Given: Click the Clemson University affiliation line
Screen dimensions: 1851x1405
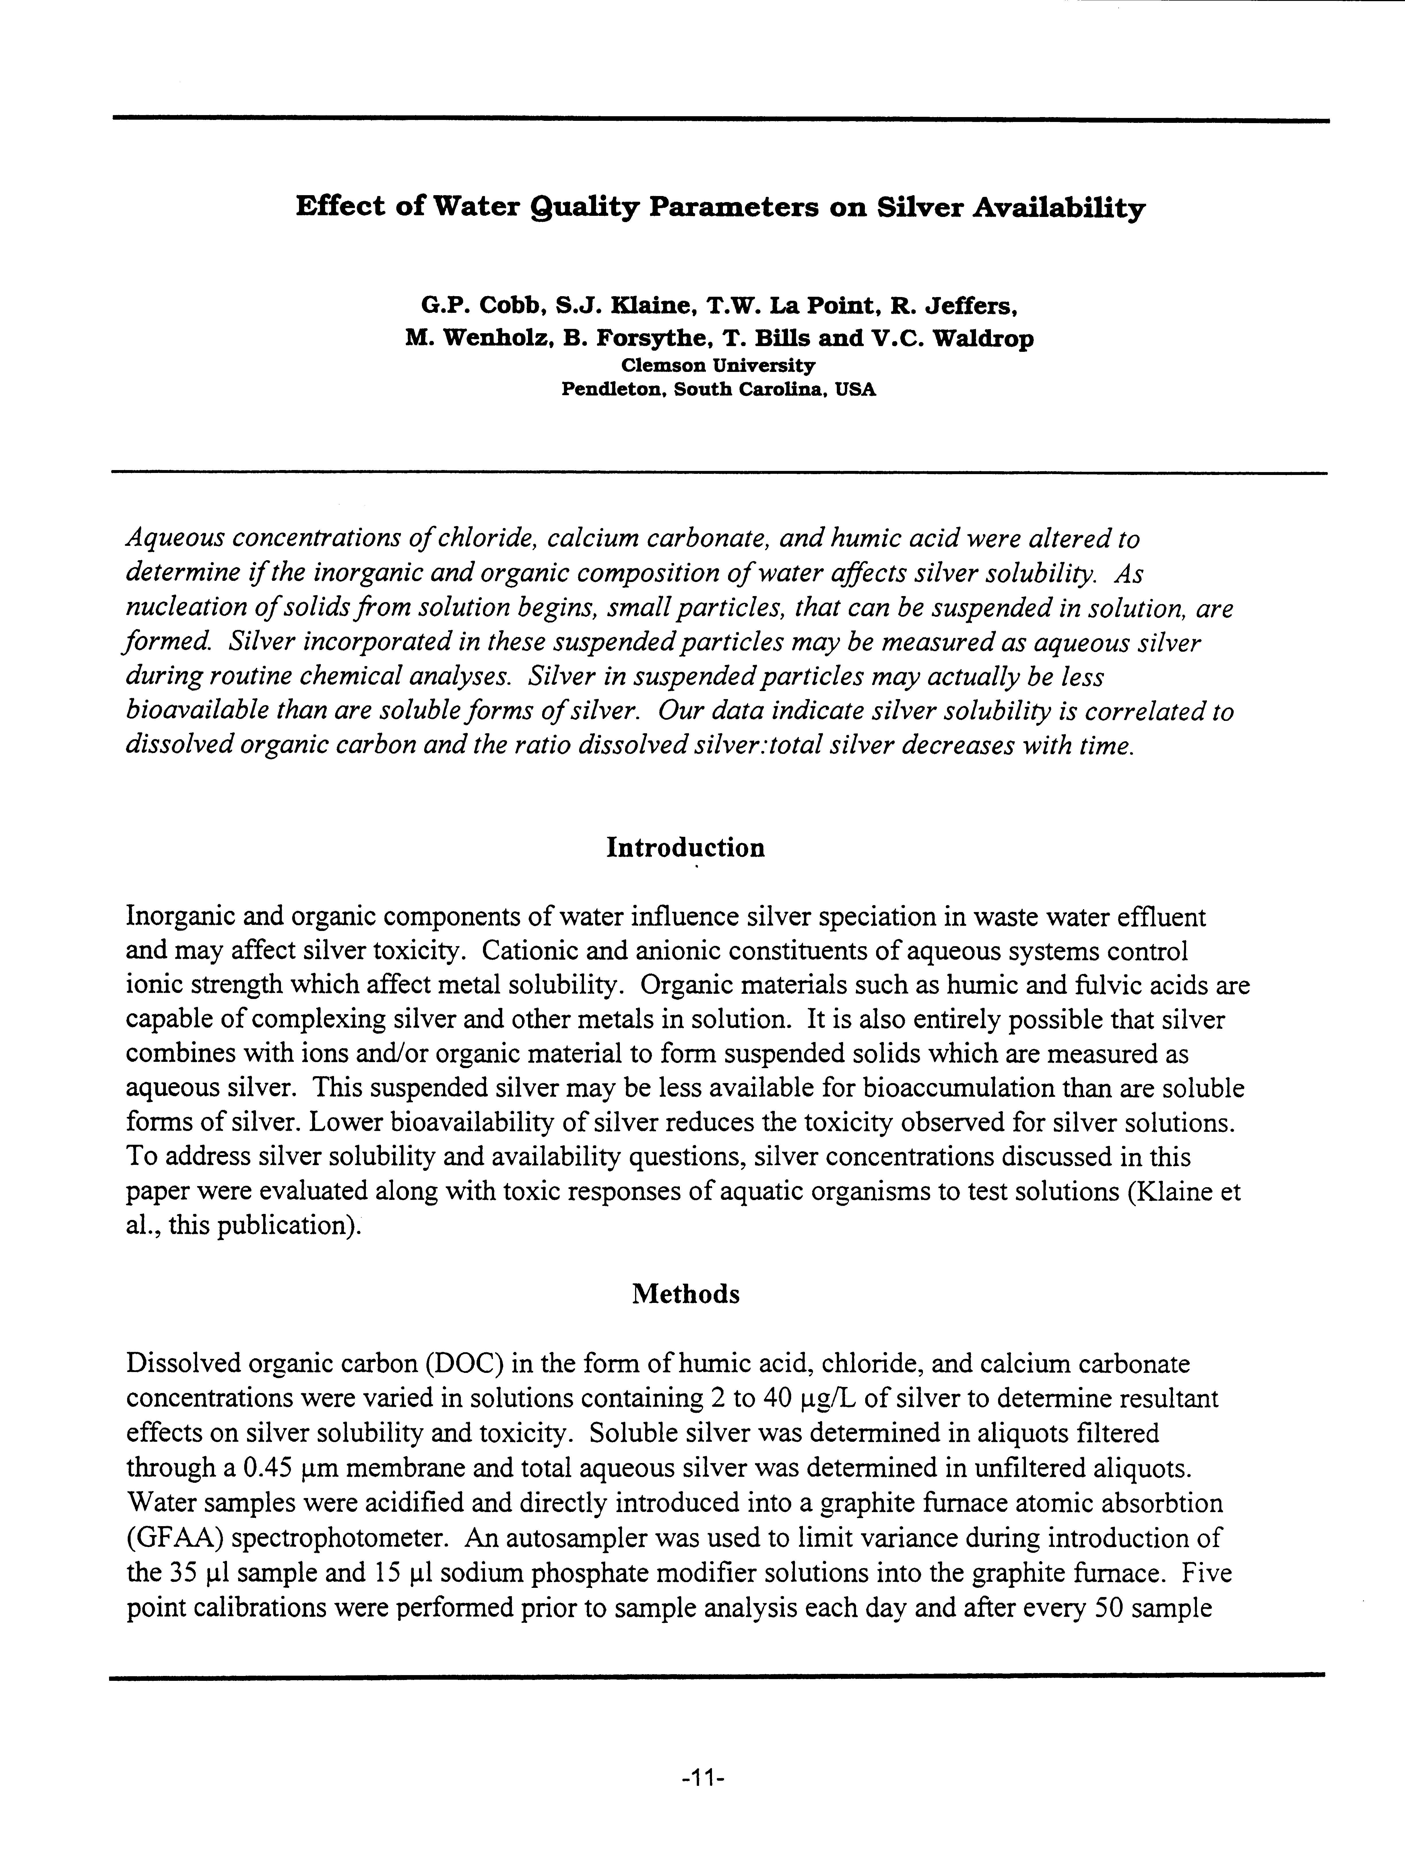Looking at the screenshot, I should tap(718, 366).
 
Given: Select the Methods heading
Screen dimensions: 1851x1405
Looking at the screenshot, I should tap(685, 1295).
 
